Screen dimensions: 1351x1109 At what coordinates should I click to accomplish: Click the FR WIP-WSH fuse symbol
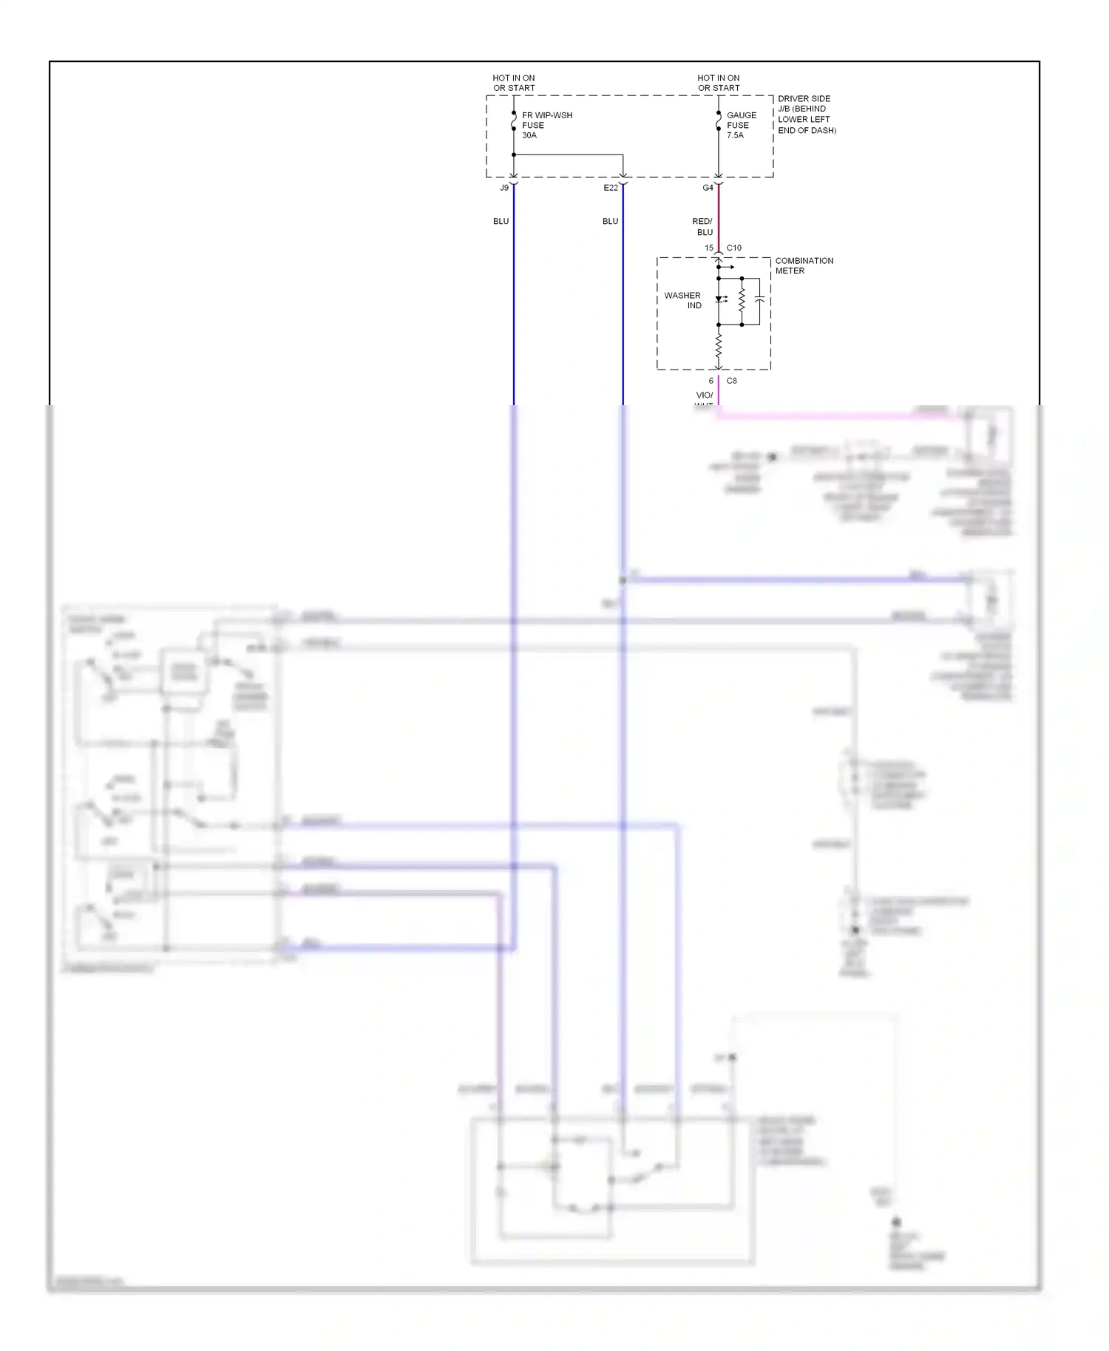click(x=513, y=120)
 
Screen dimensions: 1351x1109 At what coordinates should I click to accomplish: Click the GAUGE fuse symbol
click(x=718, y=120)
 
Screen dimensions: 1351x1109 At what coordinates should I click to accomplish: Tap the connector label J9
click(x=504, y=188)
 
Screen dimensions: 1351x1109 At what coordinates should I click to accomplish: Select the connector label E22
click(x=610, y=188)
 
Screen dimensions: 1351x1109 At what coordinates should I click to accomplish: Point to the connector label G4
click(x=708, y=188)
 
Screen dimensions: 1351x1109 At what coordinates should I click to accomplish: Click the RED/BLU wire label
click(x=702, y=226)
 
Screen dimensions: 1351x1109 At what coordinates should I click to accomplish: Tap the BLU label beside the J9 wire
click(x=501, y=221)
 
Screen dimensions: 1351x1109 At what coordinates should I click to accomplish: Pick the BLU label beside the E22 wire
click(x=610, y=221)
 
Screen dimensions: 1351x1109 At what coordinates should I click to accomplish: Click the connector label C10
click(x=733, y=248)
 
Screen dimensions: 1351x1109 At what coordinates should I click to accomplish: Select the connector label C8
click(x=731, y=381)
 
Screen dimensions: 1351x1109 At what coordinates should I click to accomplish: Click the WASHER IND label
click(x=682, y=300)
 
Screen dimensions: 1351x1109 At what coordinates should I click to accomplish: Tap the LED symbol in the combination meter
click(x=719, y=299)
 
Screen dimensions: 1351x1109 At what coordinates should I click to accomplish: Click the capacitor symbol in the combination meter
click(x=759, y=299)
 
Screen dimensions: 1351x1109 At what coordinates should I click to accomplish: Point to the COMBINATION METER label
click(x=804, y=265)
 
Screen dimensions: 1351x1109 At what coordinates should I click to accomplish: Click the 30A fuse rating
click(x=529, y=135)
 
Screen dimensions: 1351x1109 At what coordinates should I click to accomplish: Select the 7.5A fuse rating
click(x=735, y=135)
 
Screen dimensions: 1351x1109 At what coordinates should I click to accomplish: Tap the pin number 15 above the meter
click(x=709, y=248)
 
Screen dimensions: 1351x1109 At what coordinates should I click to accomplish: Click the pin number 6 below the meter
click(x=711, y=381)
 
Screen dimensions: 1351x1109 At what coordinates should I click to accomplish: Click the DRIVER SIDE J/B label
click(x=806, y=114)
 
